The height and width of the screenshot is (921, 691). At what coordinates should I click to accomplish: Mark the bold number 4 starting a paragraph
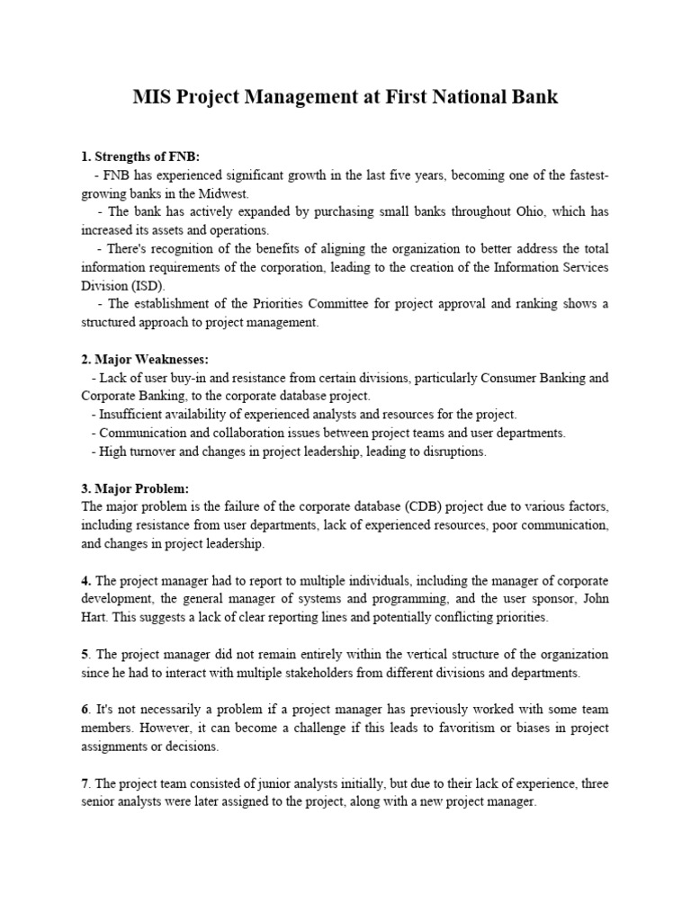click(x=85, y=581)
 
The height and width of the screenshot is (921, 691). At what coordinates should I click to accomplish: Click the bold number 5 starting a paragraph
click(x=85, y=655)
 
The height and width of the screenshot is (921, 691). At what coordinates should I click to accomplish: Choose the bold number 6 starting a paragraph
click(x=85, y=711)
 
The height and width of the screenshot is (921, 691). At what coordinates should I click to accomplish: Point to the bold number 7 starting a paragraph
click(x=85, y=784)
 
